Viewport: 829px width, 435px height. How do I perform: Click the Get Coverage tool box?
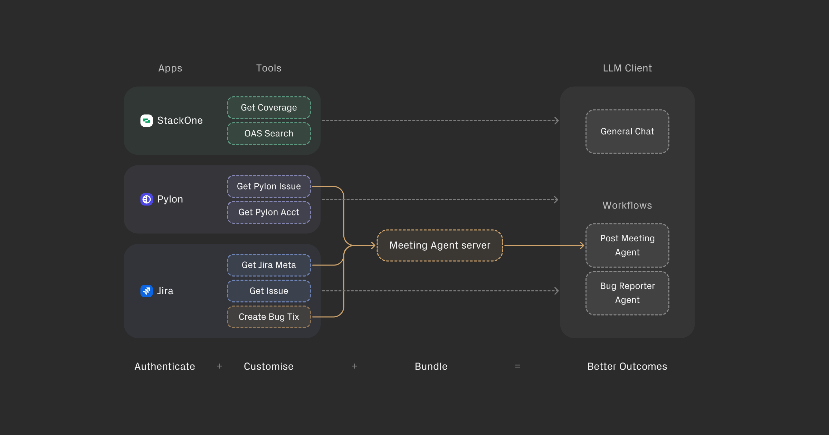[x=269, y=108]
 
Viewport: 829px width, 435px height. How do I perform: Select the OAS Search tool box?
[x=269, y=134]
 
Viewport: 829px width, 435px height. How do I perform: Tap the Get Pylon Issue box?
[x=269, y=186]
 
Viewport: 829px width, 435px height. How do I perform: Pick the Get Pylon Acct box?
[x=269, y=212]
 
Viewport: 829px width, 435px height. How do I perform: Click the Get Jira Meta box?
[x=269, y=265]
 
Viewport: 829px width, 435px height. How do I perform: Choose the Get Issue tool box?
[x=269, y=291]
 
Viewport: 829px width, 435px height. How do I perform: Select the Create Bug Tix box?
[x=269, y=317]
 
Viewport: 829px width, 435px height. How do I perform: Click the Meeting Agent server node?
[x=440, y=245]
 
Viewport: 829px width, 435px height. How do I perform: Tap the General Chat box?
[x=627, y=132]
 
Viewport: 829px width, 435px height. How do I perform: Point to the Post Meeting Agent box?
[x=627, y=245]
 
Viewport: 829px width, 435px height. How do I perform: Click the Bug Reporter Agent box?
[x=627, y=293]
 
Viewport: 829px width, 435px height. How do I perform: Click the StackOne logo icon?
[x=146, y=120]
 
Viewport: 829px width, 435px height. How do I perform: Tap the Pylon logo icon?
[x=146, y=199]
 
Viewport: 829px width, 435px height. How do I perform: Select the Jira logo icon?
[x=146, y=291]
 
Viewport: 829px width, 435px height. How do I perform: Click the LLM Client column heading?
[x=627, y=68]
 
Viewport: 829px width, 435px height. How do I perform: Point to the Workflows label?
[x=627, y=205]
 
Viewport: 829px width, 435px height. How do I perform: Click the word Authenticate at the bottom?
[x=165, y=366]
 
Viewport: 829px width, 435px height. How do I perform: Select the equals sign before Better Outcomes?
[x=517, y=366]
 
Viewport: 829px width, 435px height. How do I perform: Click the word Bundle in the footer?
[x=431, y=366]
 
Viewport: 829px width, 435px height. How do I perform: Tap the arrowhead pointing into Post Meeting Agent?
[x=582, y=245]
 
